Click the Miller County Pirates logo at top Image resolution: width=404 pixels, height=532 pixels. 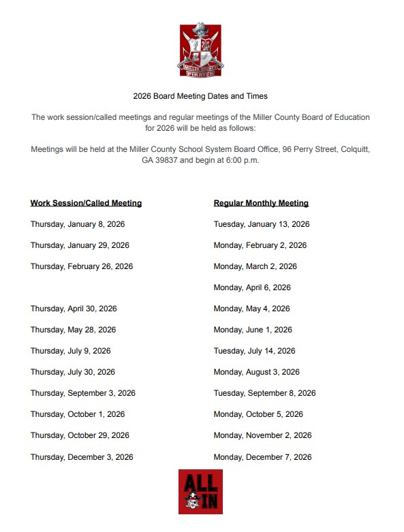200,48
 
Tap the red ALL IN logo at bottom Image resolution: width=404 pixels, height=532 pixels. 200,491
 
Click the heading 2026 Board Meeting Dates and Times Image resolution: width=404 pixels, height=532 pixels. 200,97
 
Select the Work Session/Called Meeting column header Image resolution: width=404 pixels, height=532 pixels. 86,203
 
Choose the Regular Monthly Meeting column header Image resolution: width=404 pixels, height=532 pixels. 261,203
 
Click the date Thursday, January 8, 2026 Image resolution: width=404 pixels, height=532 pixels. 78,224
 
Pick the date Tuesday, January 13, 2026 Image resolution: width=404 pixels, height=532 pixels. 262,224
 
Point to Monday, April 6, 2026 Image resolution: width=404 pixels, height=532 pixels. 252,287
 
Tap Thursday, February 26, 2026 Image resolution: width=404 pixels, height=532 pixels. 82,266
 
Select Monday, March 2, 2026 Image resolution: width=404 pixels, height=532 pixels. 255,266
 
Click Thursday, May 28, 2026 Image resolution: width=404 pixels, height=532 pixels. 73,330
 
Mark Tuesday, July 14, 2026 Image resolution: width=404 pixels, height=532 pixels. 255,351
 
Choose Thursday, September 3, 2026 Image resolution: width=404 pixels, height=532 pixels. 83,393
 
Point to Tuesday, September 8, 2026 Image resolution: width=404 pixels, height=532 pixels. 265,393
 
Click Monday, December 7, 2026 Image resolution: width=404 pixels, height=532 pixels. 263,457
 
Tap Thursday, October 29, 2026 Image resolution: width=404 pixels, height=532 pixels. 80,435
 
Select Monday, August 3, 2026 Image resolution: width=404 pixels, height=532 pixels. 257,372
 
